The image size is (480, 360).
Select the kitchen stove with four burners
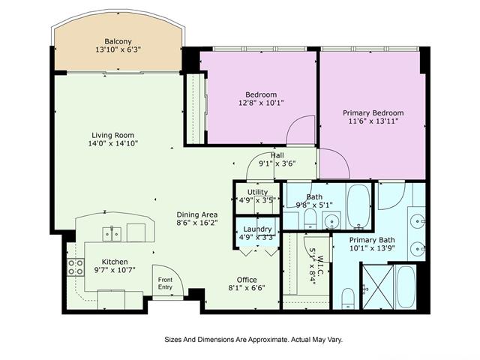76,268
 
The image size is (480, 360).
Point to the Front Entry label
165,283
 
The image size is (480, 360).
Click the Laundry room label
255,229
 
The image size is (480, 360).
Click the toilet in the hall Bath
309,218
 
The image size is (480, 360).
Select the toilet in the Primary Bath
347,298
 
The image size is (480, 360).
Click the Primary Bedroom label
373,112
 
